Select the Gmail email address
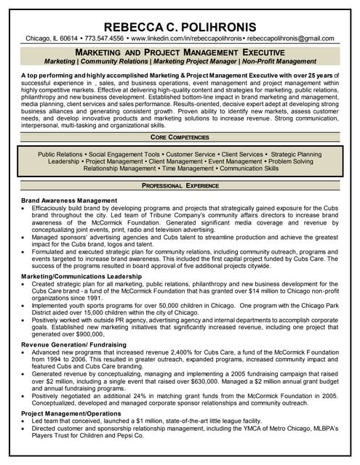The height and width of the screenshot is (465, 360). click(x=289, y=38)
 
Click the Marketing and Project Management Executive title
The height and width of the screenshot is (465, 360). click(x=180, y=53)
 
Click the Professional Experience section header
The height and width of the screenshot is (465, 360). click(x=180, y=186)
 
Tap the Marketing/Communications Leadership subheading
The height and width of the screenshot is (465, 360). click(x=82, y=277)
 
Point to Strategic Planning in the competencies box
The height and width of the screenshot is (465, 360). click(x=296, y=154)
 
